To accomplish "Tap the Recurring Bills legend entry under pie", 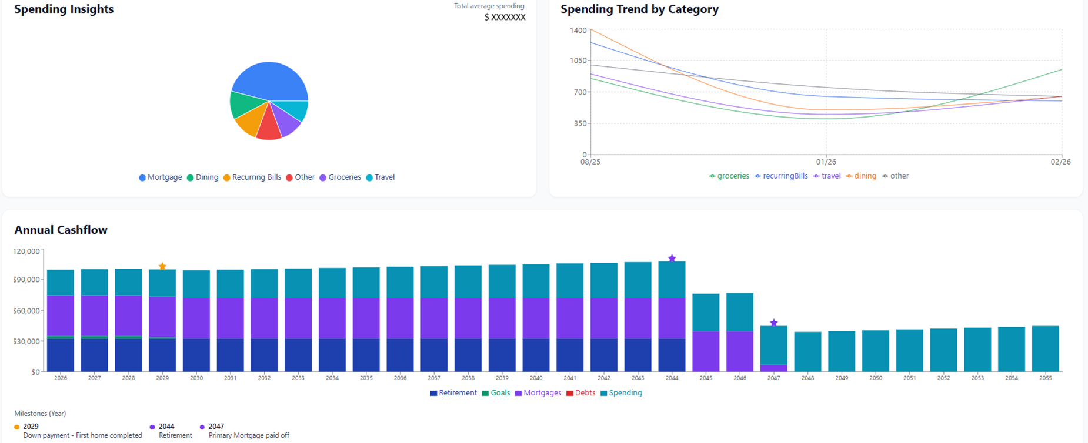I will (252, 177).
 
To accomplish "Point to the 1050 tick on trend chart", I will (578, 61).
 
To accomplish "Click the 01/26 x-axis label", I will (826, 162).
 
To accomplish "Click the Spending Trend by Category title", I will (639, 9).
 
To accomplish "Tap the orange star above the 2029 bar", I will (163, 267).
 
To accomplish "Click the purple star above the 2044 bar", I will (672, 259).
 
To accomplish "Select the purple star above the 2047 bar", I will (774, 323).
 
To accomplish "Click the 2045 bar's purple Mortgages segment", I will (706, 351).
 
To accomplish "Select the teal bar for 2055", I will (1045, 349).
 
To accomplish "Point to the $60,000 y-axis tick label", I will (26, 311).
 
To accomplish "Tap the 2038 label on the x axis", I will (468, 378).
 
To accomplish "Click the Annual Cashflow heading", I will (61, 230).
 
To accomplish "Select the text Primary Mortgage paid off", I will (249, 436).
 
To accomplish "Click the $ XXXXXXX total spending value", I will (505, 18).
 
